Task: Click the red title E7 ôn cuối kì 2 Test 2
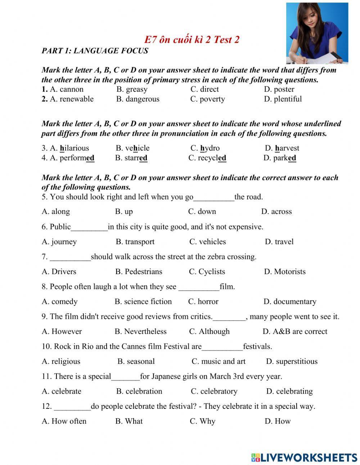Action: click(x=192, y=40)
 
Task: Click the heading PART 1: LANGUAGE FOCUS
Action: click(x=95, y=51)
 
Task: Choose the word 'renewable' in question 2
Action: click(x=72, y=99)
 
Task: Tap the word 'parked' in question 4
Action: click(x=284, y=158)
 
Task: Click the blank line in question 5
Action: click(x=214, y=197)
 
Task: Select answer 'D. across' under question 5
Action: click(x=276, y=211)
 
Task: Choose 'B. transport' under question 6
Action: click(x=135, y=242)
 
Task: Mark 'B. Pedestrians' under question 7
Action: click(x=139, y=272)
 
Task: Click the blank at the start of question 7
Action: click(x=70, y=257)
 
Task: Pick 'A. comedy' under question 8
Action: click(x=59, y=301)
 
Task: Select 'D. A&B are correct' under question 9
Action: click(x=295, y=331)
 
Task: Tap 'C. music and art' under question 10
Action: click(x=219, y=361)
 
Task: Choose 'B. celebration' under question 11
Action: click(x=139, y=391)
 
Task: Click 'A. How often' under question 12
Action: click(x=64, y=421)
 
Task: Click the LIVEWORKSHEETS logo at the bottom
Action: click(x=304, y=457)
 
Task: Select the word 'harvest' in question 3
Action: click(x=287, y=148)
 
